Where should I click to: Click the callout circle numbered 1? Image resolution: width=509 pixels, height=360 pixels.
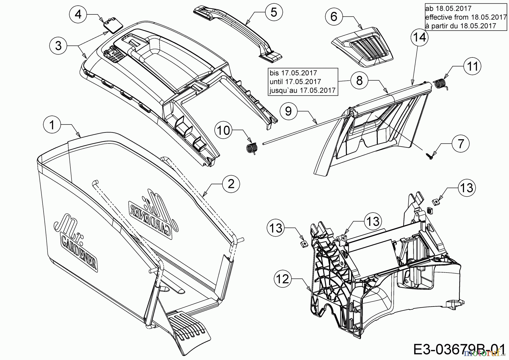(52, 125)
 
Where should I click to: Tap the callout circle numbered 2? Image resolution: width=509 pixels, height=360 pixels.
(231, 184)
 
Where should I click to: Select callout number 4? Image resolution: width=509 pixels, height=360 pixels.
(78, 14)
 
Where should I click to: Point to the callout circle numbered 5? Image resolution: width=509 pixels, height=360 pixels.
(274, 12)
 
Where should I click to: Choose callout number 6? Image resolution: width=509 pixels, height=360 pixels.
(334, 17)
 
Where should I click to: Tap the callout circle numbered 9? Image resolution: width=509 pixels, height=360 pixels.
(288, 111)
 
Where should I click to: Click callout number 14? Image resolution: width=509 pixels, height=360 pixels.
(420, 37)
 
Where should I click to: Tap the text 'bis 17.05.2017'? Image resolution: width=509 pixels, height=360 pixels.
(293, 73)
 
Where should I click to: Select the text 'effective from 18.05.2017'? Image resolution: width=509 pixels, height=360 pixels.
(466, 17)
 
